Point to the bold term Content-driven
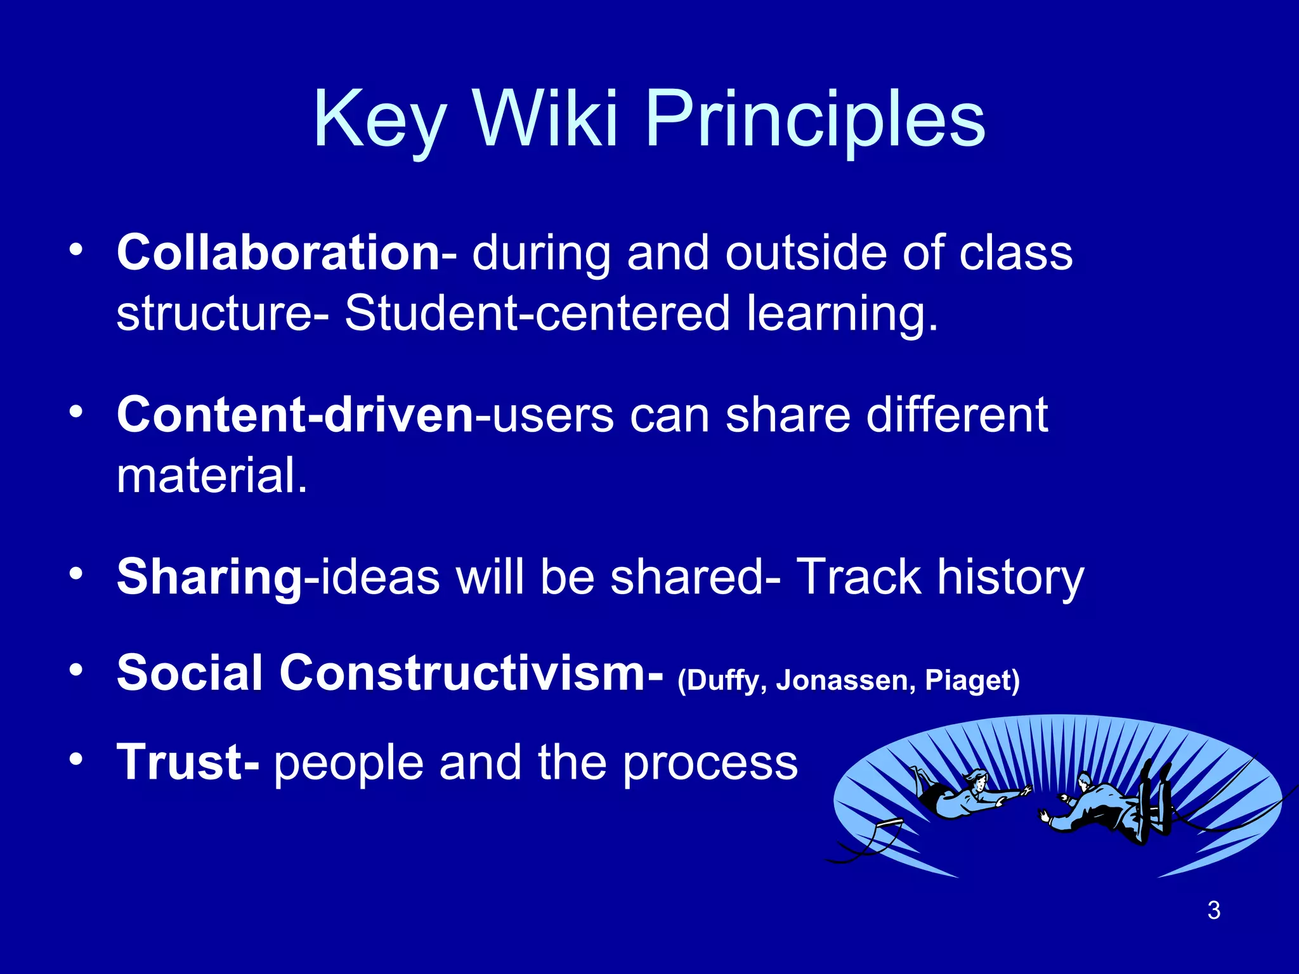tap(295, 415)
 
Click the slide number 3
tap(1213, 911)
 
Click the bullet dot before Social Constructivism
tap(76, 671)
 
